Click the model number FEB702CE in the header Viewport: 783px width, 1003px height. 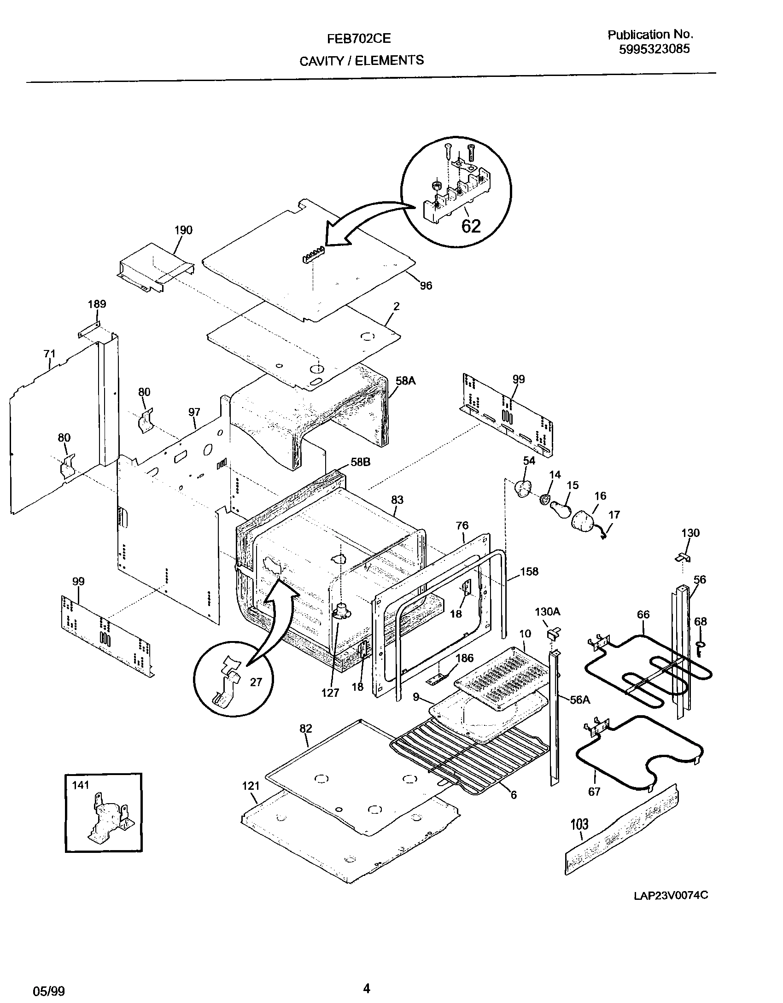point(359,39)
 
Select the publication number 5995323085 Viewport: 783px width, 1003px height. point(654,49)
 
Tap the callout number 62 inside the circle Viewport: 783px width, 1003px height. point(471,226)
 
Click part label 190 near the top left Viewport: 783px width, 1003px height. point(183,230)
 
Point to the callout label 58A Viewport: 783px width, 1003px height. point(405,380)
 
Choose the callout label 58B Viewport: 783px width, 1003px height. point(361,462)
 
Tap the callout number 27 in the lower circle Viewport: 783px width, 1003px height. point(256,682)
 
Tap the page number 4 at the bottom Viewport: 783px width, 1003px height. point(367,986)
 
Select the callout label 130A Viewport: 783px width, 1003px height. point(547,612)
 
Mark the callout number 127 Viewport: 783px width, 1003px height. point(330,692)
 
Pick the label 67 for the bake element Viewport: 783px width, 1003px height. point(594,791)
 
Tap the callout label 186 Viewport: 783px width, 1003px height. point(464,658)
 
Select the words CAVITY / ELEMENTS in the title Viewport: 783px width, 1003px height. point(362,60)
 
